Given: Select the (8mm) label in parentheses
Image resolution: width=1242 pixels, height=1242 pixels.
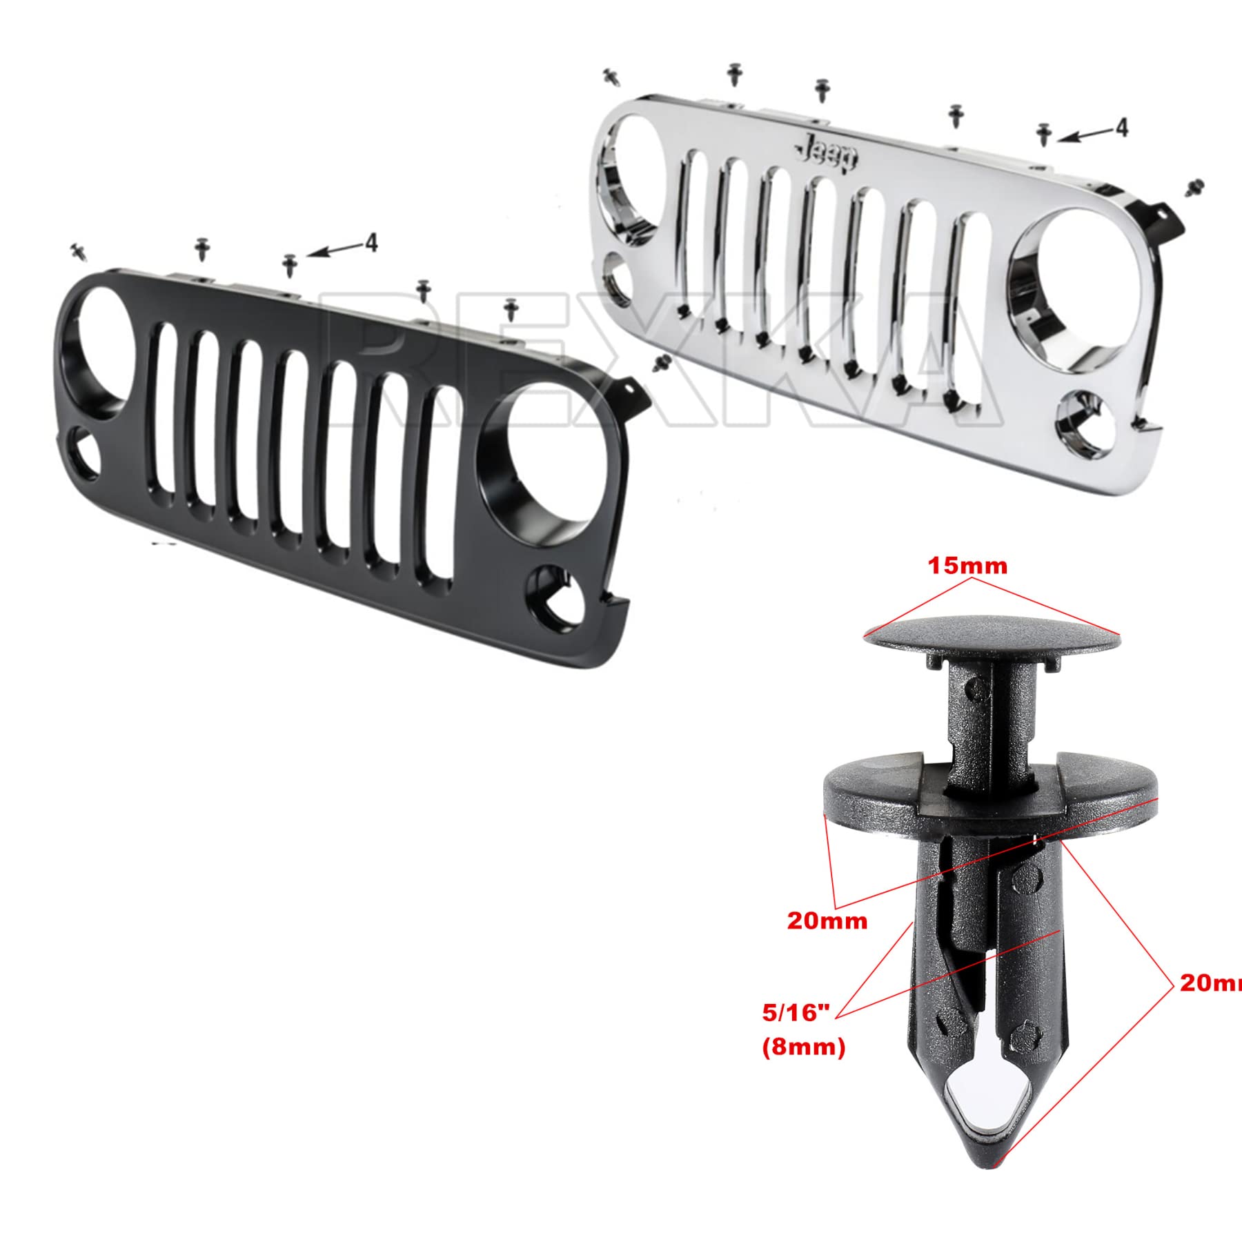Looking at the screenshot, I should pos(803,1047).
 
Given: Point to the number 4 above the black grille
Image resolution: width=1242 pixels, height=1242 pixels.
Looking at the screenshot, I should pos(371,242).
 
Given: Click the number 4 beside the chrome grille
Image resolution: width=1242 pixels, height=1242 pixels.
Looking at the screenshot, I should pos(1121,128).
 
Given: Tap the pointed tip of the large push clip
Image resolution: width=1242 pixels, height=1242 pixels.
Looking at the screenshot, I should pos(994,1166).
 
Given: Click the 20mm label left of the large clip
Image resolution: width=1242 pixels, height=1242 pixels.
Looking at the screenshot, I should pos(827,921).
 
